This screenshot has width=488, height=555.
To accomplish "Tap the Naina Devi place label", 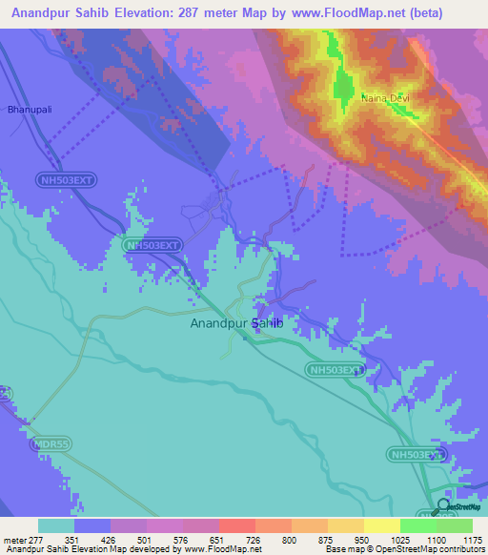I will click(384, 97).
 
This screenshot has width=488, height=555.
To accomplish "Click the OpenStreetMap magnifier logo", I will click(442, 506).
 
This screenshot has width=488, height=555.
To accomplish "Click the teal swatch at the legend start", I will click(56, 525).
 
